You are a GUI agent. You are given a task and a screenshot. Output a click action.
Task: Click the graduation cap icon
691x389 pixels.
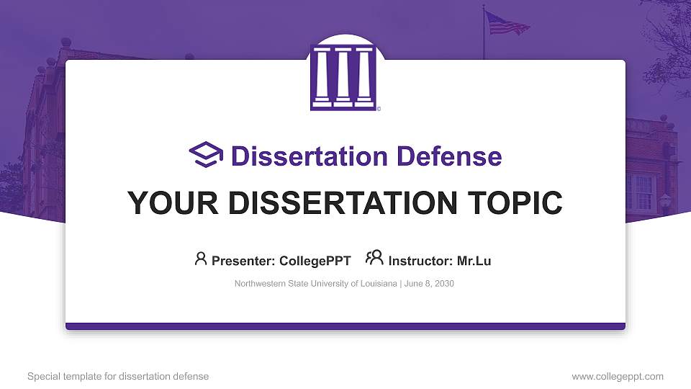(x=206, y=156)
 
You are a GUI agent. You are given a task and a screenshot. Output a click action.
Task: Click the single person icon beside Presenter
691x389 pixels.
(x=201, y=259)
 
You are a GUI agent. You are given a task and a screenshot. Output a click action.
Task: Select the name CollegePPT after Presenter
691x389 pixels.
(x=316, y=261)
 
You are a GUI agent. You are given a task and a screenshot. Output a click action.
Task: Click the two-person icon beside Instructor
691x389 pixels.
(x=374, y=259)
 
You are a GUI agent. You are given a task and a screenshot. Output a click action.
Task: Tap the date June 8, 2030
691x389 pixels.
(x=430, y=284)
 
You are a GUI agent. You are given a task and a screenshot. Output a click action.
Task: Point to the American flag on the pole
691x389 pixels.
(x=506, y=23)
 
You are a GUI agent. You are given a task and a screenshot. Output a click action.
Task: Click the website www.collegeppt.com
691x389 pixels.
(x=617, y=376)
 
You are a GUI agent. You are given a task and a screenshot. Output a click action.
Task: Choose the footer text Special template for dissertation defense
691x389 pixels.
(x=118, y=376)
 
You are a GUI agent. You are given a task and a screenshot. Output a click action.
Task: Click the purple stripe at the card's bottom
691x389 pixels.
(x=345, y=326)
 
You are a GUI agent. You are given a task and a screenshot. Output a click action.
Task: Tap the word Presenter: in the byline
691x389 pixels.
(x=238, y=261)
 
